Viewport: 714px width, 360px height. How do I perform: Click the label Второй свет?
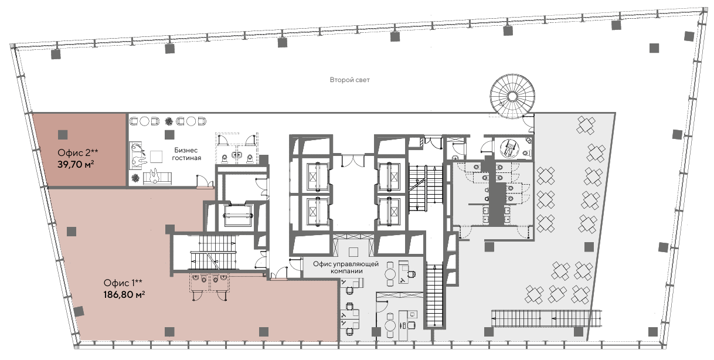click(x=349, y=80)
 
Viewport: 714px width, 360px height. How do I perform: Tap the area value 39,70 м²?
click(x=76, y=165)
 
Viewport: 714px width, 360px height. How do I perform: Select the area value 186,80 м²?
click(x=124, y=294)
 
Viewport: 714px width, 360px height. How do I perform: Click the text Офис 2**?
click(x=78, y=153)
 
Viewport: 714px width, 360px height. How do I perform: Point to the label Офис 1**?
click(x=123, y=283)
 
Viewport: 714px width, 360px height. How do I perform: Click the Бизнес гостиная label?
click(x=186, y=154)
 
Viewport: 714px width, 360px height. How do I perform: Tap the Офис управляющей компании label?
click(x=346, y=267)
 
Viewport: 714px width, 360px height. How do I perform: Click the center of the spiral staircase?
click(x=512, y=96)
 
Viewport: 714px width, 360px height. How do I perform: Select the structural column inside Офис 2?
click(x=63, y=135)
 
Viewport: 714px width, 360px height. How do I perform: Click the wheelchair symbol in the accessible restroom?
click(x=509, y=148)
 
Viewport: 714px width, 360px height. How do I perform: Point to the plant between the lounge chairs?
click(x=168, y=121)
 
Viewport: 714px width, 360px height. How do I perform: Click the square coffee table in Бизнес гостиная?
click(x=157, y=156)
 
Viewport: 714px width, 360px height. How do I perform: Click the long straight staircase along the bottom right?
click(x=547, y=318)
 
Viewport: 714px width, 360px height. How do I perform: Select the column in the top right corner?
click(x=689, y=36)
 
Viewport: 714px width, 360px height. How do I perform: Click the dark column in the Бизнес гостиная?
click(x=169, y=135)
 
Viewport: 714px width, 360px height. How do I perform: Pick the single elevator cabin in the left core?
click(x=237, y=216)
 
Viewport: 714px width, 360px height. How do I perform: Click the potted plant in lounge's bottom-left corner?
click(x=136, y=178)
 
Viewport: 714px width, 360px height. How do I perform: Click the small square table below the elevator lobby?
click(x=353, y=252)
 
